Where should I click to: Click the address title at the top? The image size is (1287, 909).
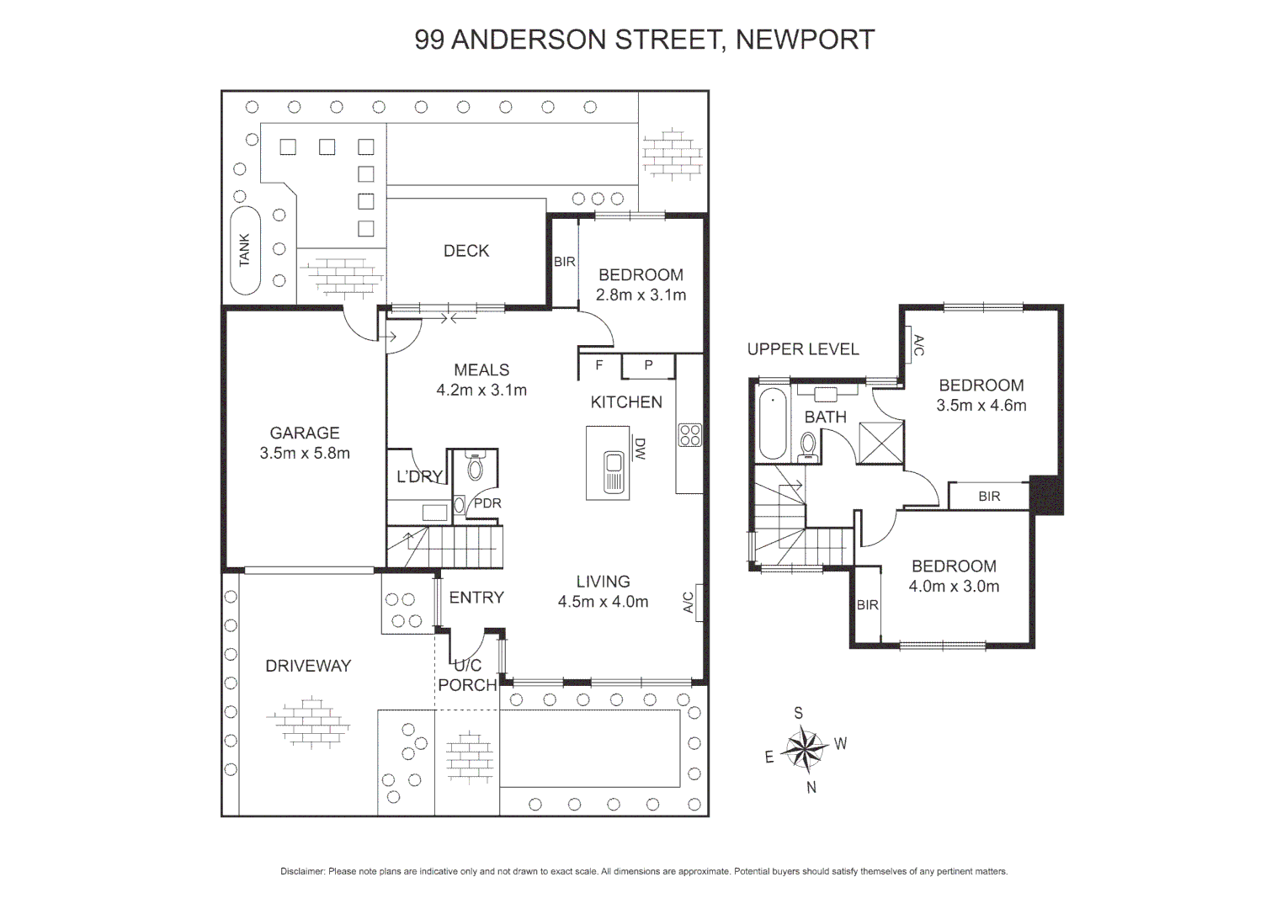(x=644, y=40)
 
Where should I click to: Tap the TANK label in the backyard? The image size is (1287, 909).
(x=244, y=250)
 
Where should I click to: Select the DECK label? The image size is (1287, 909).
(x=465, y=251)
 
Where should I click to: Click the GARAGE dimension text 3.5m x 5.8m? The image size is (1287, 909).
(x=305, y=453)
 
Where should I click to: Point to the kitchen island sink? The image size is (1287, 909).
(x=614, y=472)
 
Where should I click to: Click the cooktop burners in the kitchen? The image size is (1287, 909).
(x=689, y=435)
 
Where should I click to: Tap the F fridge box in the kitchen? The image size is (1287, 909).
(x=599, y=366)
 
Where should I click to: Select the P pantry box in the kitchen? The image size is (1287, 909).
(x=648, y=366)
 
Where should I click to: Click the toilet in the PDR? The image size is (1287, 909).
(x=476, y=468)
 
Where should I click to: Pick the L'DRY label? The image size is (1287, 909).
(x=419, y=476)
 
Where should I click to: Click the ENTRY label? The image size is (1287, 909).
(x=476, y=598)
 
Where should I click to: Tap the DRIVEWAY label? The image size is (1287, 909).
(x=308, y=666)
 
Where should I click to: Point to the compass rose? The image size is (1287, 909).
(x=806, y=748)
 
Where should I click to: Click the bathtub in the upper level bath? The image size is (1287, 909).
(x=773, y=423)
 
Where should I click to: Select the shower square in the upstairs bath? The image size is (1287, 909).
(x=880, y=442)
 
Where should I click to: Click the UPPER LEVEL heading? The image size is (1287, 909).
(x=803, y=349)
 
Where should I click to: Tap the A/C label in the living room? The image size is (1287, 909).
(x=688, y=602)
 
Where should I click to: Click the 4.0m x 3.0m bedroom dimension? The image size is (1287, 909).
(x=954, y=587)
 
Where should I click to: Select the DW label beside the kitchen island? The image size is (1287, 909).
(x=640, y=448)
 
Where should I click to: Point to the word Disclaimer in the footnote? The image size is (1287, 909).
(x=302, y=871)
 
